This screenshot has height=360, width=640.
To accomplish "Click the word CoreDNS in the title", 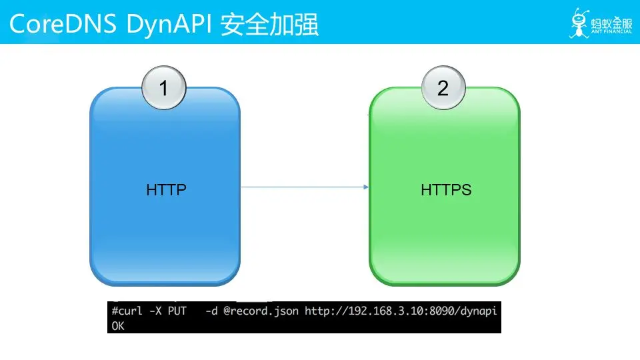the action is [63, 24].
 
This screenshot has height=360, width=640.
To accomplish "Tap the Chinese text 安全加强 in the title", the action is [269, 25].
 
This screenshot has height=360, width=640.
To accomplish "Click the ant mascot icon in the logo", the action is [579, 23].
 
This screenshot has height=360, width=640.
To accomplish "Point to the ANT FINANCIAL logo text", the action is [611, 31].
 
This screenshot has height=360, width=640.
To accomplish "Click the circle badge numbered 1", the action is [164, 88].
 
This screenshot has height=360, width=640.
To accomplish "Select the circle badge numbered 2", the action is [443, 88].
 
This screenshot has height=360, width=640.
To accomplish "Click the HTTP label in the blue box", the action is [167, 190].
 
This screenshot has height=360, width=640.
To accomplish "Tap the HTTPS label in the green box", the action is [446, 190].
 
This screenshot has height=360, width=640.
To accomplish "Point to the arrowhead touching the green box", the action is [366, 187].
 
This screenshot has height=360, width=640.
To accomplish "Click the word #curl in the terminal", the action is [127, 311].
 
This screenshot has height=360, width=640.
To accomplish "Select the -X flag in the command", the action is [155, 311].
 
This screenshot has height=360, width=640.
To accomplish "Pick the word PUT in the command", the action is [177, 311].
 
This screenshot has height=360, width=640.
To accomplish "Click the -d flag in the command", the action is [211, 311].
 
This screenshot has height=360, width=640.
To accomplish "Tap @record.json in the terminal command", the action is [261, 311].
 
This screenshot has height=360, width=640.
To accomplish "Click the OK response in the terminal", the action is [118, 326].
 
